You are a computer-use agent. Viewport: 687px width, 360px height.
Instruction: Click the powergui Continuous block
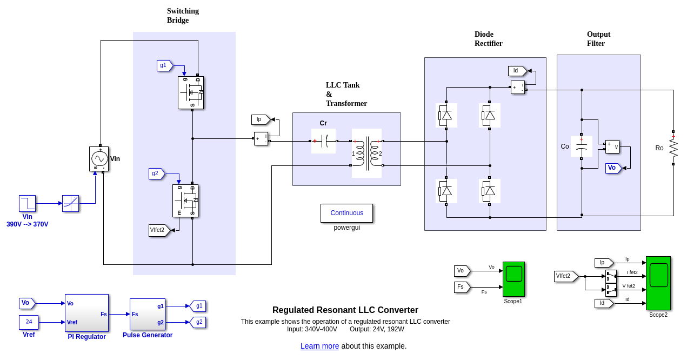[x=346, y=213]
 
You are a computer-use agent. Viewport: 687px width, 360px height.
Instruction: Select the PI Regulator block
[x=86, y=313]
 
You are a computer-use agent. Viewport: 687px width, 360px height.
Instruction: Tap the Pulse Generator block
[x=147, y=314]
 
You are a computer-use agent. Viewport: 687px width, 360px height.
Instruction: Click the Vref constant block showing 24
[x=29, y=322]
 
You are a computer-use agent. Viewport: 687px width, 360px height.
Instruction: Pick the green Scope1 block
[x=513, y=279]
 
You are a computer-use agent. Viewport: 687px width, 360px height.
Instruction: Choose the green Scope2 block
[x=658, y=283]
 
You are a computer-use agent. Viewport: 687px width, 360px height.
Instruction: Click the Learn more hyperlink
[x=319, y=346]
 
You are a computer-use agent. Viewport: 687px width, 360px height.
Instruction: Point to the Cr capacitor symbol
[x=323, y=141]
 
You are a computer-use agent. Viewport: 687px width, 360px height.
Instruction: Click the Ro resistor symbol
[x=673, y=148]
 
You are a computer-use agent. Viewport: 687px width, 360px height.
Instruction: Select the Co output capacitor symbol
[x=582, y=146]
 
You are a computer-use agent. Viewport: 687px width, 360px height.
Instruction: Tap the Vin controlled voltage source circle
[x=99, y=159]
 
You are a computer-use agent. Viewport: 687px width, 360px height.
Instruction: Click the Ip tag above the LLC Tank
[x=261, y=119]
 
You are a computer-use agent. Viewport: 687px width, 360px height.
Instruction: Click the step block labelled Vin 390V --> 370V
[x=27, y=203]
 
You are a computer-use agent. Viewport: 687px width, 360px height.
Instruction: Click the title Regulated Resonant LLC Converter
[x=345, y=310]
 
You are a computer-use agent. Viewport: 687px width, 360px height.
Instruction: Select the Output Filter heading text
[x=598, y=39]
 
